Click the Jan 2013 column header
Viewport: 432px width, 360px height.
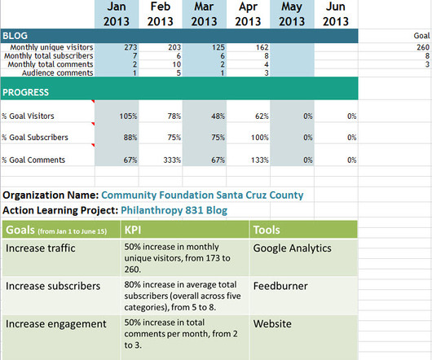[x=117, y=14]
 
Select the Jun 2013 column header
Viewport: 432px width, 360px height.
[x=336, y=14]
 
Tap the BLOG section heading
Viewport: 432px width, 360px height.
[x=15, y=36]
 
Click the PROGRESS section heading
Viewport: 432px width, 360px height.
[x=25, y=92]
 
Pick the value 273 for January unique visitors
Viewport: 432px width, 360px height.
[x=130, y=47]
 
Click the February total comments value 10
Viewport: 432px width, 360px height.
[x=177, y=64]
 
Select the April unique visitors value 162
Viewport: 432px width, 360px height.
[x=262, y=47]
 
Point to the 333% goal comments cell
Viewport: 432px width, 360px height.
[x=172, y=160]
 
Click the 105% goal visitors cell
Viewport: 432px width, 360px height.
[x=128, y=116]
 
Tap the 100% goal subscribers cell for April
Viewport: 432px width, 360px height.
[x=260, y=138]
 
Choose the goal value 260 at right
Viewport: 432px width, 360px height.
[x=423, y=47]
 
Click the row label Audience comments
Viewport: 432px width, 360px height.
[x=58, y=73]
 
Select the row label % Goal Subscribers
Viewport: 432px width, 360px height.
[x=35, y=138]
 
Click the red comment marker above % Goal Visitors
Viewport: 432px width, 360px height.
[x=93, y=101]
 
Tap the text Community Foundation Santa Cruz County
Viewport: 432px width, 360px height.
[x=202, y=195]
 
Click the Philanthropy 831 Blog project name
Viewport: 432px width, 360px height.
[x=174, y=210]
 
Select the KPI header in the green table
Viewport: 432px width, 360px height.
[x=133, y=230]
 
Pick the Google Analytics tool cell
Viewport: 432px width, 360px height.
[x=292, y=248]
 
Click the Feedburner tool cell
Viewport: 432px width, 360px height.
[x=280, y=286]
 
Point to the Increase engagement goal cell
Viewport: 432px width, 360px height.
[x=56, y=324]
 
